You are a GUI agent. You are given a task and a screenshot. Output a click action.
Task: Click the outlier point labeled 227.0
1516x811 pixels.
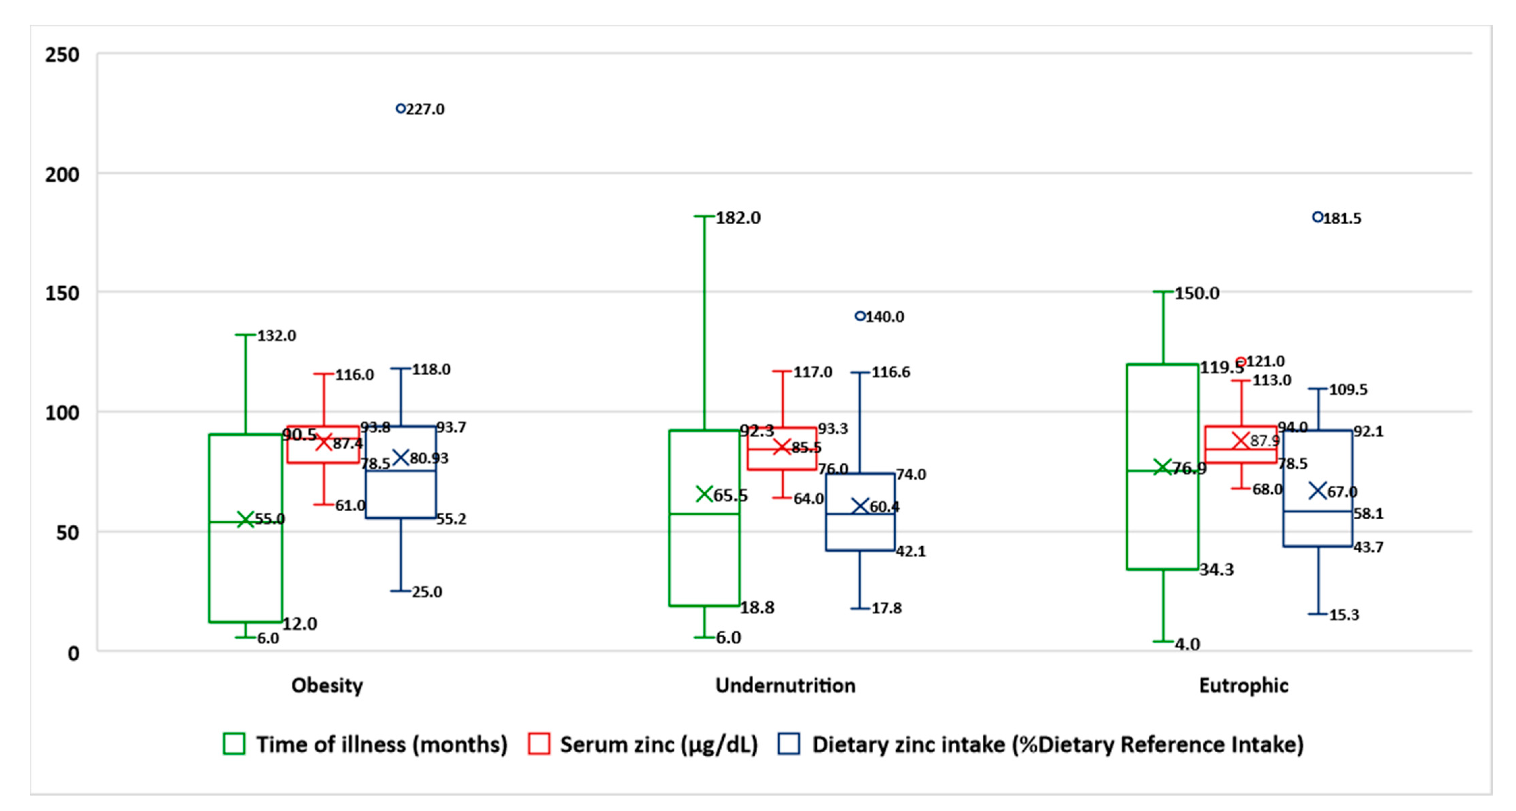400,109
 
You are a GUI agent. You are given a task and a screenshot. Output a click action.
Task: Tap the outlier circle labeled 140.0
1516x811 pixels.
860,316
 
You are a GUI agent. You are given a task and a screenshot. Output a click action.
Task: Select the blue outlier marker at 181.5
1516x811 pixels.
1318,218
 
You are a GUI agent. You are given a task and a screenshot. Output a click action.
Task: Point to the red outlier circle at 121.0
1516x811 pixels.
1241,362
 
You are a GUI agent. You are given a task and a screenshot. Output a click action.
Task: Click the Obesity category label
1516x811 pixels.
327,686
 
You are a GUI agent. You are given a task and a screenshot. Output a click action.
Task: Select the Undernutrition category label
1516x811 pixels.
785,686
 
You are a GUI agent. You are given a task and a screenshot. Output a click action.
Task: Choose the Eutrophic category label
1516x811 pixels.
1243,686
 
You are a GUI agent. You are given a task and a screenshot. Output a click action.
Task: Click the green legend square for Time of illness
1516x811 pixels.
234,744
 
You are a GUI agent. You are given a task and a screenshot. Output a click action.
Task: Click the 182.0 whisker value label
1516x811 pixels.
738,218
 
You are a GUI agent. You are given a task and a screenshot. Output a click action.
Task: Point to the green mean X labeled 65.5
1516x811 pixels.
704,494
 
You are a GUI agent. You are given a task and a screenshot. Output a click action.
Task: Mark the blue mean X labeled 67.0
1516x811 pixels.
1318,491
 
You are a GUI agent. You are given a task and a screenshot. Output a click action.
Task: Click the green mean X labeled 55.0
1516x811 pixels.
245,519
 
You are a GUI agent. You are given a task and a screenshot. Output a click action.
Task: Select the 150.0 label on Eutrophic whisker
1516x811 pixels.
1197,293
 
